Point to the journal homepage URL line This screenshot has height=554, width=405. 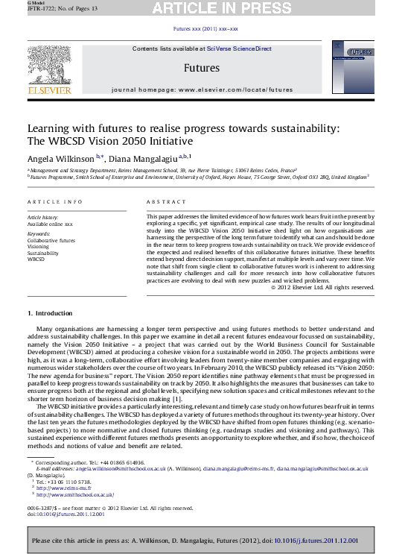[202, 88]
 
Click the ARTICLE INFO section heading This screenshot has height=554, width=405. [51, 201]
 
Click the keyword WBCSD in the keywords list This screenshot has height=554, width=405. [36, 259]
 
